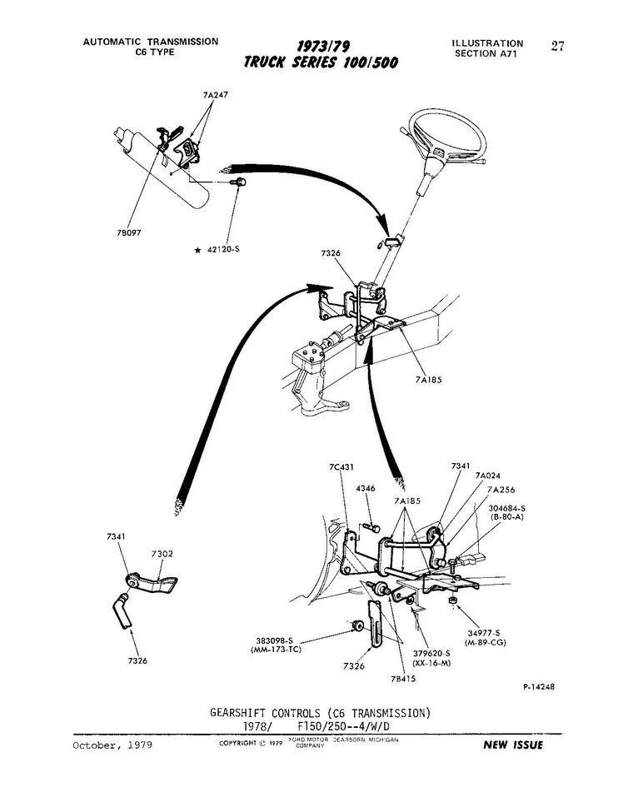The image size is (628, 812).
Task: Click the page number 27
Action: pos(557,46)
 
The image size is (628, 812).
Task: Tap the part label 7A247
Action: pos(215,95)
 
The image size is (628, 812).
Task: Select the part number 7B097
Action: pos(129,232)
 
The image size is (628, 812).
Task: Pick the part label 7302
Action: pos(162,554)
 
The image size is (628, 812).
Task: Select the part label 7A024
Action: pos(488,476)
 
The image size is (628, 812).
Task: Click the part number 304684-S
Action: pos(507,507)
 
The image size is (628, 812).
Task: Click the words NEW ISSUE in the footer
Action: pos(513,745)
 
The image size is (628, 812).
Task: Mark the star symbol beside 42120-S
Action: pos(197,250)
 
